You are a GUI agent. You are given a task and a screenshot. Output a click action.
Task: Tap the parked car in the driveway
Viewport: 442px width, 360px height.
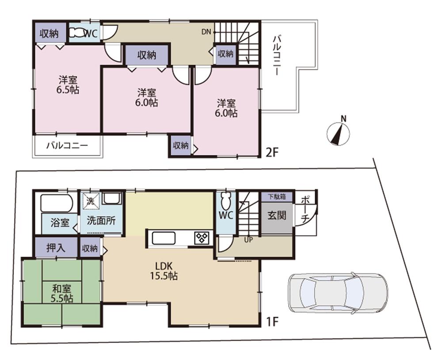[337, 291]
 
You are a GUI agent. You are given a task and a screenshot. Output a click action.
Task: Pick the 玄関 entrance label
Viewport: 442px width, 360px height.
[277, 215]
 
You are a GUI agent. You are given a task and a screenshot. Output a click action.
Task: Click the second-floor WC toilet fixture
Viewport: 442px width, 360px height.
[80, 33]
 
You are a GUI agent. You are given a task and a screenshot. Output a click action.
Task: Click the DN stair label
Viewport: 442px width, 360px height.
[206, 32]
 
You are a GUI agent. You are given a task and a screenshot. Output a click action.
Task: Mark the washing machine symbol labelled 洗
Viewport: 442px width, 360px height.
[91, 199]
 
